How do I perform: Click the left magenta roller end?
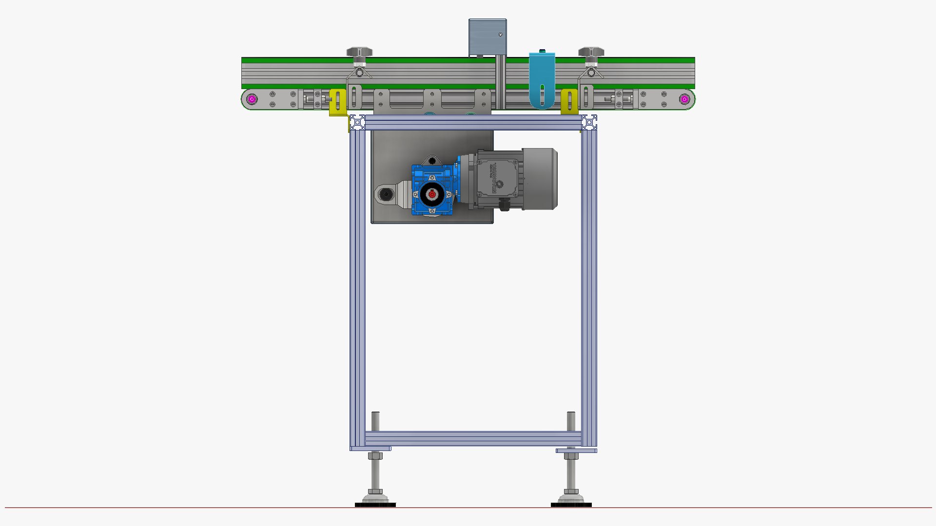click(x=252, y=99)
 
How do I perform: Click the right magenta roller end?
click(x=684, y=99)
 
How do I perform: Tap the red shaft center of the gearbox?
click(x=432, y=194)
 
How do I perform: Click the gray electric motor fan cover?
click(x=540, y=179)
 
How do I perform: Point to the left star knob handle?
click(x=359, y=52)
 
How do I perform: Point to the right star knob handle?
click(x=591, y=52)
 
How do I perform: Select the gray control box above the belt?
click(x=487, y=38)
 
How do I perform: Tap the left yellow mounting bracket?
click(x=337, y=102)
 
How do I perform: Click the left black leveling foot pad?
click(x=375, y=505)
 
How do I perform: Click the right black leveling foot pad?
click(x=571, y=505)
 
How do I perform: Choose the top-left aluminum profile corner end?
click(x=357, y=122)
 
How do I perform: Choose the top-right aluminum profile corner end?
click(x=589, y=122)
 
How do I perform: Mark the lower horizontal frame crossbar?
click(x=473, y=438)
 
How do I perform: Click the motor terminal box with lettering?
click(x=496, y=178)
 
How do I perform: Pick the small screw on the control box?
click(x=500, y=35)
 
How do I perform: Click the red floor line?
click(x=195, y=507)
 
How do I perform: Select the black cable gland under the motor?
click(x=504, y=206)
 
